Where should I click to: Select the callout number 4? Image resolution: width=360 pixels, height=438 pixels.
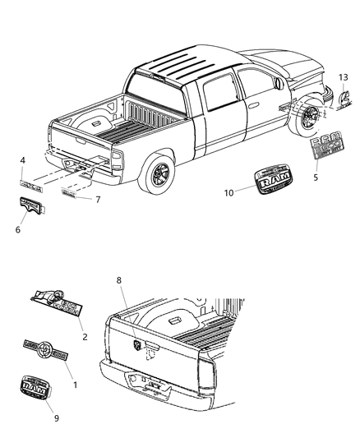[x=23, y=159]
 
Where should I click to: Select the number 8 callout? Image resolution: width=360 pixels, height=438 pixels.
[x=120, y=281]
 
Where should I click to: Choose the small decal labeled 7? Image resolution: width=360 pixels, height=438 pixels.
[x=74, y=194]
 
